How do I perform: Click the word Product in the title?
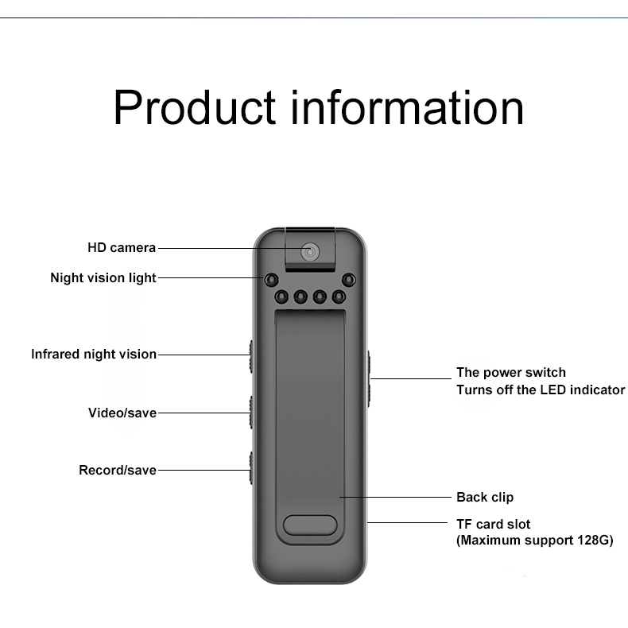click(194, 108)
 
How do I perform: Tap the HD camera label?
click(122, 248)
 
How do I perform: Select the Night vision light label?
click(103, 278)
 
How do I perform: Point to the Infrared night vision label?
click(94, 355)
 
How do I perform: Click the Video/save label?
click(122, 413)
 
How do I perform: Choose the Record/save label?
click(118, 470)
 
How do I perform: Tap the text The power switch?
click(510, 372)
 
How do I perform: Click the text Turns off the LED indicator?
click(540, 390)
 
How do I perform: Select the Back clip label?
click(485, 498)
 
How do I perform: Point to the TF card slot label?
click(493, 524)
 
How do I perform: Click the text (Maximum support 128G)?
click(534, 541)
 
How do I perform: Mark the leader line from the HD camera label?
click(223, 248)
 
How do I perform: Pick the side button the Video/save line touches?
click(250, 413)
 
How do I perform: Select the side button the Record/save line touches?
click(250, 470)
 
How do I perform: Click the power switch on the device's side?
click(370, 378)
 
